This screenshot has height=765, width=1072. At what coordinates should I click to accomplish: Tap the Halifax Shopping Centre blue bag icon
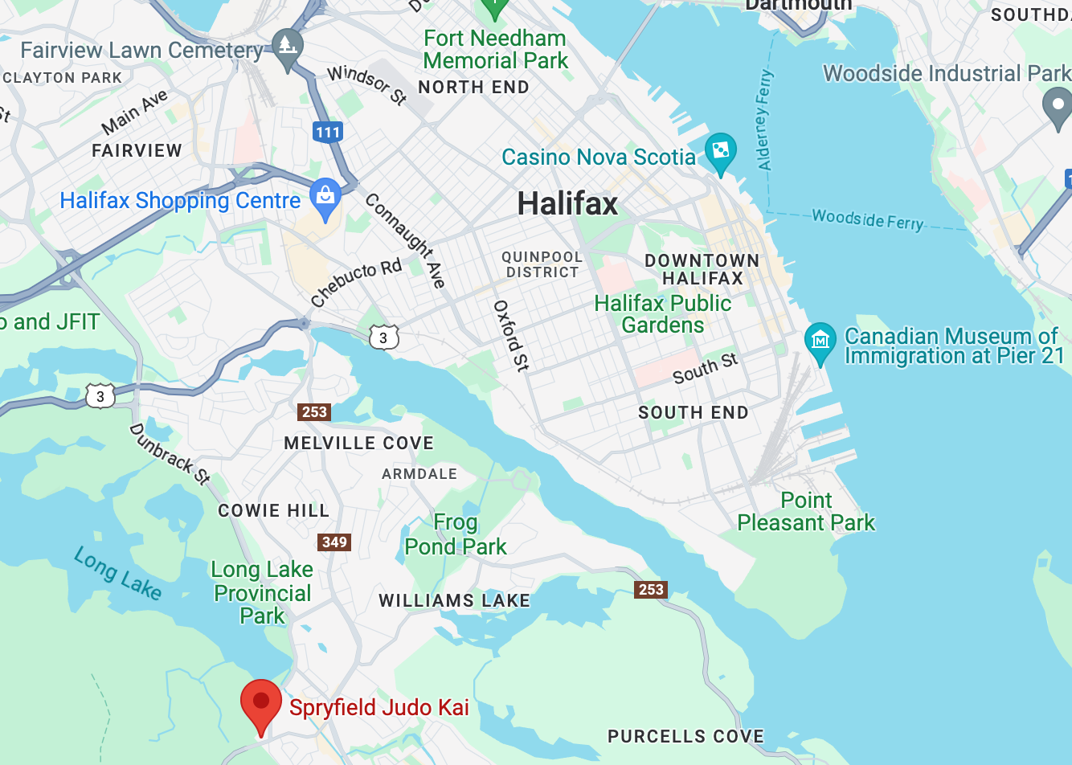(325, 197)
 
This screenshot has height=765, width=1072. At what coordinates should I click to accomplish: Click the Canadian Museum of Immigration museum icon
(820, 341)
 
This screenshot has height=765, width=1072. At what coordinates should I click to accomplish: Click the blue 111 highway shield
(328, 133)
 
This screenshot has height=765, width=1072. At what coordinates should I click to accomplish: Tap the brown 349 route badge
(334, 542)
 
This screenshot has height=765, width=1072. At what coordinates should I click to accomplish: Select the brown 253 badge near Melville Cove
(314, 412)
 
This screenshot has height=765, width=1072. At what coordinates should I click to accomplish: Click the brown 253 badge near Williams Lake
(651, 590)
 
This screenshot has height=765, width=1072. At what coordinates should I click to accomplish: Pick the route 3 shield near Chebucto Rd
(383, 337)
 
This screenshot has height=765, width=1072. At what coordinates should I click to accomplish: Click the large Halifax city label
(567, 204)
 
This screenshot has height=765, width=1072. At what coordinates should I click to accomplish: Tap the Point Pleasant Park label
(806, 512)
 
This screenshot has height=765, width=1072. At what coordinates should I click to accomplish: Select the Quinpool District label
(542, 264)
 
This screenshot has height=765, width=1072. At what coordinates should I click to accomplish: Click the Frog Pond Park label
(456, 534)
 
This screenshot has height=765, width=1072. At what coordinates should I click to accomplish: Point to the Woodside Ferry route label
(868, 219)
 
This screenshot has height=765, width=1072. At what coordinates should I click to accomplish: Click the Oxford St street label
(511, 336)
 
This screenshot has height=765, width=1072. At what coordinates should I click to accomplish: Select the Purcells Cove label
(685, 736)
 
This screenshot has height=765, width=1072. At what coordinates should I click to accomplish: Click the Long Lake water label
(118, 573)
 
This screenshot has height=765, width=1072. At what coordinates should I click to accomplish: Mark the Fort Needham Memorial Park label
(495, 49)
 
